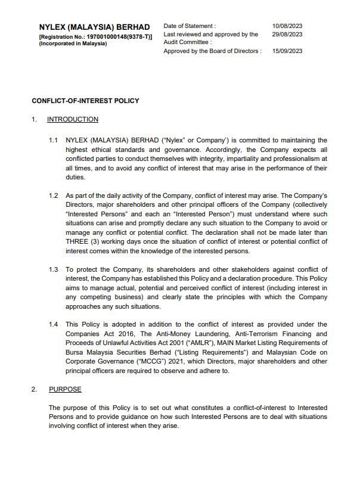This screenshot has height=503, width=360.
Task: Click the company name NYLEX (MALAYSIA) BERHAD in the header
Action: [94, 27]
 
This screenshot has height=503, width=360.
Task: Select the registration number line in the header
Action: [95, 36]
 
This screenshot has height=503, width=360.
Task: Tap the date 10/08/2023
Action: [287, 26]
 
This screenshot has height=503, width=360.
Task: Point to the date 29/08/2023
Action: [287, 34]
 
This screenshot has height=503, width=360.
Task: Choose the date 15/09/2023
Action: [287, 51]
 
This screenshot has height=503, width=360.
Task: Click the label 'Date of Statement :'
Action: [190, 26]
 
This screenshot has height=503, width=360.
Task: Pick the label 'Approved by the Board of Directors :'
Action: [212, 51]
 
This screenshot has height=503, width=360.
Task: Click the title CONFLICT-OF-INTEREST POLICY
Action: [85, 101]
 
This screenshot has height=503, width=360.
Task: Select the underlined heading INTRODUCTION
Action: [73, 119]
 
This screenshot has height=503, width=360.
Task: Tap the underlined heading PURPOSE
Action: [65, 389]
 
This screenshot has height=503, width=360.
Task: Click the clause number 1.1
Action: [54, 140]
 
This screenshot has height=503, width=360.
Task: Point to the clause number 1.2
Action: [54, 195]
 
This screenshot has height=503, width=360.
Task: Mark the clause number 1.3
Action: [54, 269]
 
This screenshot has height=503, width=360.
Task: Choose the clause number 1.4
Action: [54, 324]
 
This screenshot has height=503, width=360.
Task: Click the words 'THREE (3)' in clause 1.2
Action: [81, 241]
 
